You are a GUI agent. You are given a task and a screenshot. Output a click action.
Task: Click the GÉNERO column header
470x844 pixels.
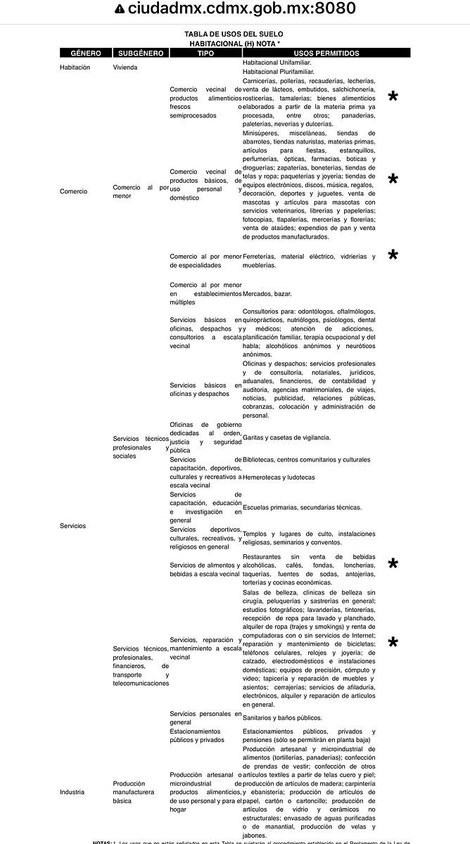coord(81,53)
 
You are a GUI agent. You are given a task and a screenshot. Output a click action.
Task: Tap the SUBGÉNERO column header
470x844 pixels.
coord(141,53)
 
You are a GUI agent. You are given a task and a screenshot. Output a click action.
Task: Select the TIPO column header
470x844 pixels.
coord(205,53)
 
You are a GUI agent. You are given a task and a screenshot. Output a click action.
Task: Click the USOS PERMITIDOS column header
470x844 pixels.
coord(326,53)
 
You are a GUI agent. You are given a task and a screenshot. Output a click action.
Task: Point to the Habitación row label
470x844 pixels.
coord(75,68)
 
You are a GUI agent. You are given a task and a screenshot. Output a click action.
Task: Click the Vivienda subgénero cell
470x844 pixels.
coord(125,68)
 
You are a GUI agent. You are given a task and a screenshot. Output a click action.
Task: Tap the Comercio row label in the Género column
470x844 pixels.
coord(73,191)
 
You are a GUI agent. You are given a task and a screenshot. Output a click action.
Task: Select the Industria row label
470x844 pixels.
coord(72,792)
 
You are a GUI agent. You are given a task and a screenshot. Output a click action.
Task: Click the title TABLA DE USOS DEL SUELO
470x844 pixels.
coord(235,34)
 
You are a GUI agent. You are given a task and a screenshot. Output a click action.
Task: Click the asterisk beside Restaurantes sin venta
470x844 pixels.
coord(393,565)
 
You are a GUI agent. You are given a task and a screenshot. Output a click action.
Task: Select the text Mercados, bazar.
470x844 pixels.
coord(267,293)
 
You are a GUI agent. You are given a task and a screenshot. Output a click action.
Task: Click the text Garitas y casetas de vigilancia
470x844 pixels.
coord(286,437)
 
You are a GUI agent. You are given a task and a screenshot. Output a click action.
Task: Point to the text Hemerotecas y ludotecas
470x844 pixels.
coord(279,477)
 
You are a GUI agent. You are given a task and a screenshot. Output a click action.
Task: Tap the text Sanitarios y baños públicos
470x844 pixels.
coord(282,718)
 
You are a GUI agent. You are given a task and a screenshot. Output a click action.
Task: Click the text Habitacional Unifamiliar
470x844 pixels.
coord(277,63)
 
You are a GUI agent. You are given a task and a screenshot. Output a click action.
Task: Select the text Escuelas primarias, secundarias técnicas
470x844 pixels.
coord(302,507)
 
